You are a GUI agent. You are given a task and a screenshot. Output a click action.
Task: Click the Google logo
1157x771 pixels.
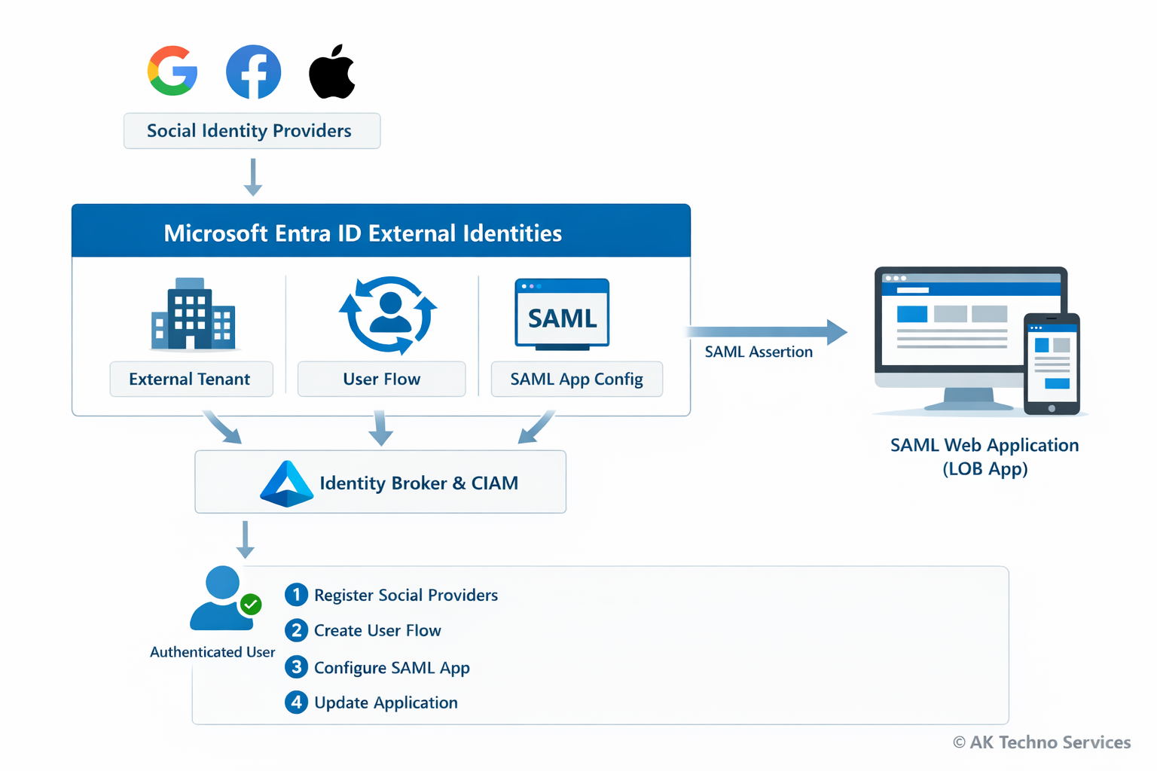(x=172, y=71)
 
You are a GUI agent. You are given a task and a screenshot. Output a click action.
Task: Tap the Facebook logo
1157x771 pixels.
(x=254, y=72)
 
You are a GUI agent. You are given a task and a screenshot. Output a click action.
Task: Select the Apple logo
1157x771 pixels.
(x=332, y=72)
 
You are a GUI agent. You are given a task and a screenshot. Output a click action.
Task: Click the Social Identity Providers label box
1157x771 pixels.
(x=252, y=131)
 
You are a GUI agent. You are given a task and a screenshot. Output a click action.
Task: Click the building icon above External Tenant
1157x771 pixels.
(x=193, y=315)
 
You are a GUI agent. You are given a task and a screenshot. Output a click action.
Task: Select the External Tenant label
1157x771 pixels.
(x=191, y=379)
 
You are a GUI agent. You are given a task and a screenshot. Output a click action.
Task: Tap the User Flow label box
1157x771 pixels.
(x=381, y=379)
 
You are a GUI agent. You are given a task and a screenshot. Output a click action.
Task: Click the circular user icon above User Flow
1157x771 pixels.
(x=388, y=315)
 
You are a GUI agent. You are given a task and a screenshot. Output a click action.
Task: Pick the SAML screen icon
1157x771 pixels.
(x=562, y=315)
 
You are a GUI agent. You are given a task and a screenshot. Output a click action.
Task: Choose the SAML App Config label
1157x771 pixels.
(x=576, y=379)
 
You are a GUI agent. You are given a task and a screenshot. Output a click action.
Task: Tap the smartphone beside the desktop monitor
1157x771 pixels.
(x=1052, y=364)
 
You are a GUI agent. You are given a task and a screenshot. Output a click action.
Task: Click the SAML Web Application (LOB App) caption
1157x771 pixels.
(x=985, y=456)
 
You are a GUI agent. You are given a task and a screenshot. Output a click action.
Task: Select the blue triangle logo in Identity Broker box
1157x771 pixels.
(x=286, y=483)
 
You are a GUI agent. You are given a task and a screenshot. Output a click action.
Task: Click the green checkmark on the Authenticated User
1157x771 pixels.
(x=251, y=604)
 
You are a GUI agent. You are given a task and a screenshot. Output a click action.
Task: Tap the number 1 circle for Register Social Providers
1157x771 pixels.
(x=296, y=595)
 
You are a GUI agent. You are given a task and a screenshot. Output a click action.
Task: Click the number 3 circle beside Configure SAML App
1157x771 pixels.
(x=296, y=667)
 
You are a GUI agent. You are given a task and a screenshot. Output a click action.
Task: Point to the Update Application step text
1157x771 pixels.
(x=386, y=702)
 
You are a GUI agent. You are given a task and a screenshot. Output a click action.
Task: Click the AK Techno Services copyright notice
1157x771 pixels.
(x=1042, y=742)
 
